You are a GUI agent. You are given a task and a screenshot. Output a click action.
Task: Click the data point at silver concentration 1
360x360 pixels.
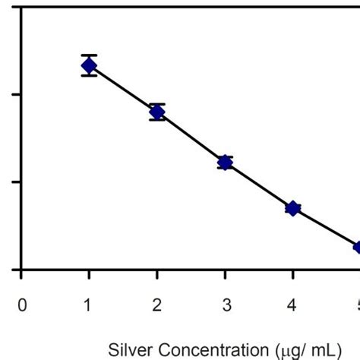tap(89, 65)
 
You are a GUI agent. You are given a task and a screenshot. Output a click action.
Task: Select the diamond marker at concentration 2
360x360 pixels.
tap(157, 112)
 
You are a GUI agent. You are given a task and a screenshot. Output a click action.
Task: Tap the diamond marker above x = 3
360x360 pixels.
tap(225, 162)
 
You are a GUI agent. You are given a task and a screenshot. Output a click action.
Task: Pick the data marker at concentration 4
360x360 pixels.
tap(292, 208)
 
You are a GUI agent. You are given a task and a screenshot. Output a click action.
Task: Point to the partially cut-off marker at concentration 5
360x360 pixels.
tap(357, 247)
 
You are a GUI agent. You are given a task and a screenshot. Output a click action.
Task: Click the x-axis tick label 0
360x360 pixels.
tap(22, 305)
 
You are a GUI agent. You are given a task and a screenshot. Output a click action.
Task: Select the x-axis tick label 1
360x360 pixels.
tap(89, 305)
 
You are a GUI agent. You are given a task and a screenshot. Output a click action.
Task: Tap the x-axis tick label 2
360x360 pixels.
tap(157, 305)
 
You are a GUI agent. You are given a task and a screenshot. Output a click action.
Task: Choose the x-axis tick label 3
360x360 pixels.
tap(225, 305)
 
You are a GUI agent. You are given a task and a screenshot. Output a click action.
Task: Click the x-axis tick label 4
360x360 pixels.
tap(292, 305)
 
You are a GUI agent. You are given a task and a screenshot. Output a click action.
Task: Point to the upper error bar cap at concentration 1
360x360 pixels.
tap(89, 55)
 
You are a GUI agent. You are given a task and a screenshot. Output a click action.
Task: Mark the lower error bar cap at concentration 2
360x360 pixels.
tap(157, 121)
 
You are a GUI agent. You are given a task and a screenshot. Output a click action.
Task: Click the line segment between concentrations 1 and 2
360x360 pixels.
tap(123, 89)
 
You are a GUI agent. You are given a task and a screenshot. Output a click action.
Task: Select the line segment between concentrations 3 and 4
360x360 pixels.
tap(258, 185)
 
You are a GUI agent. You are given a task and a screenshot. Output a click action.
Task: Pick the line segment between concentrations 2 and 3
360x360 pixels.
tap(191, 137)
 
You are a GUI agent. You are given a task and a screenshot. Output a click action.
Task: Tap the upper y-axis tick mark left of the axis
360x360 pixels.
tap(17, 95)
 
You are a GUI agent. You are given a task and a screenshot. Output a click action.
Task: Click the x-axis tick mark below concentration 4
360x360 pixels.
tap(292, 274)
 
